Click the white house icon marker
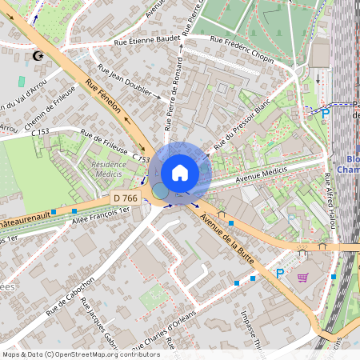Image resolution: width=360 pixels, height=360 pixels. (x=180, y=173)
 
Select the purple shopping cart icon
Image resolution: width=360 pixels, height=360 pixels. (x=302, y=278)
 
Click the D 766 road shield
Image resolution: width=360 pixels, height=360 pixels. (x=125, y=198)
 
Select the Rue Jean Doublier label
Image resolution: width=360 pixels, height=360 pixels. (x=124, y=82)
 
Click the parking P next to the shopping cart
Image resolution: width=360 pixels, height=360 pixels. (x=279, y=274)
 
